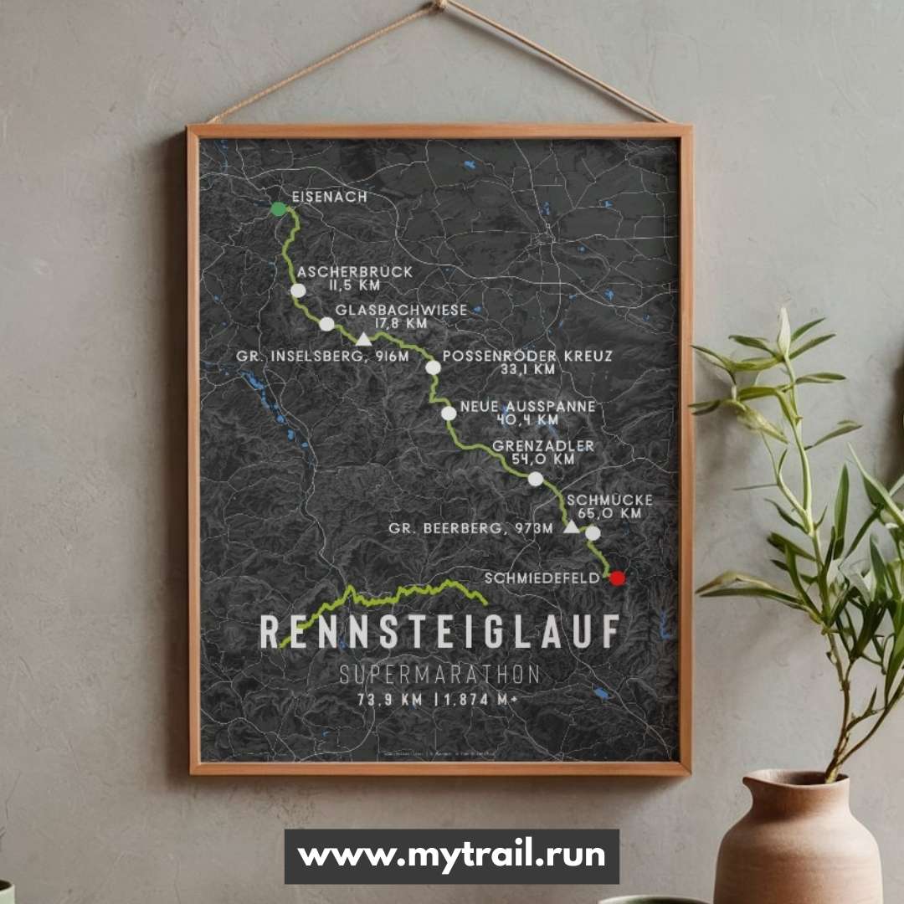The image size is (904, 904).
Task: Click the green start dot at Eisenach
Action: pyautogui.click(x=279, y=208)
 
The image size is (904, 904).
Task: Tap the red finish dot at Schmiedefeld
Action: pyautogui.click(x=617, y=578)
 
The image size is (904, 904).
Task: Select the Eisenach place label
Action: pyautogui.click(x=330, y=197)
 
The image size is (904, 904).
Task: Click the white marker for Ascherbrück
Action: pyautogui.click(x=298, y=290)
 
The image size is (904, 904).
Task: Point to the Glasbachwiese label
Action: pyautogui.click(x=401, y=310)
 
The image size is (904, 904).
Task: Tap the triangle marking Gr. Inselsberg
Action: pyautogui.click(x=362, y=339)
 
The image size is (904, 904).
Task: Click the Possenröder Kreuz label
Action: pyautogui.click(x=526, y=356)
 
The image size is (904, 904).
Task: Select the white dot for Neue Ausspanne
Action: pyautogui.click(x=449, y=413)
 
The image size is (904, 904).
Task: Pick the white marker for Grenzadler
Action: pyautogui.click(x=536, y=479)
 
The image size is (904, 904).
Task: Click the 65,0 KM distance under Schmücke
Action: pyautogui.click(x=609, y=513)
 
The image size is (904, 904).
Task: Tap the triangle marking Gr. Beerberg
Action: pyautogui.click(x=571, y=526)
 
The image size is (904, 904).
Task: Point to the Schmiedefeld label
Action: pyautogui.click(x=542, y=578)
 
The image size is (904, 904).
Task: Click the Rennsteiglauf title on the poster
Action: pyautogui.click(x=439, y=632)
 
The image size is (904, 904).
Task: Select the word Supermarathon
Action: pyautogui.click(x=439, y=675)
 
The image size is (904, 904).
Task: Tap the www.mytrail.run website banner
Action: pyautogui.click(x=451, y=856)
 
